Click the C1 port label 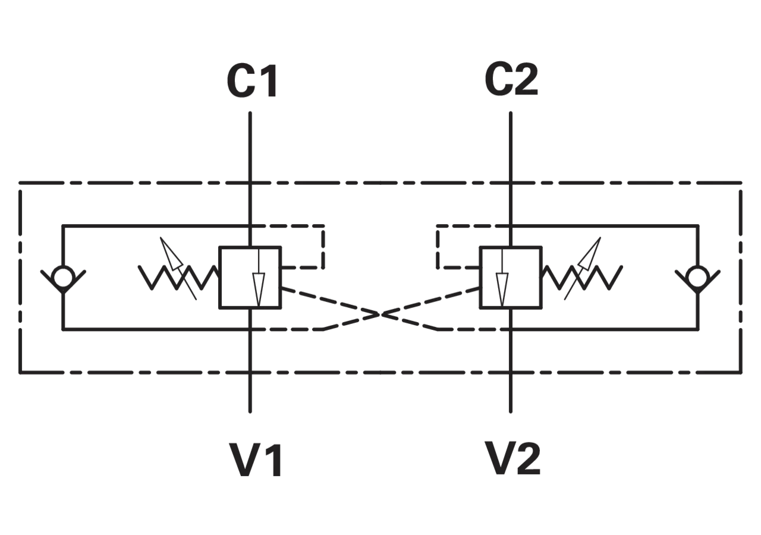click(x=252, y=81)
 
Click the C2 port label click(x=511, y=80)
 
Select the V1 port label click(x=256, y=460)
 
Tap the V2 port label click(x=514, y=458)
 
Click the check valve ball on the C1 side click(x=64, y=277)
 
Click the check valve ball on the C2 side click(x=697, y=277)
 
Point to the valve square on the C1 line click(x=250, y=278)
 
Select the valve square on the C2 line click(x=511, y=278)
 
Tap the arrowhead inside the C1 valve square click(x=259, y=289)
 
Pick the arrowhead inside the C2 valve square click(x=502, y=289)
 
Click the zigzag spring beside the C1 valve click(x=178, y=278)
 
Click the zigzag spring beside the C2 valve click(x=582, y=278)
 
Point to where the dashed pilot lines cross click(x=380, y=314)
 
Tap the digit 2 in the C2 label click(x=526, y=80)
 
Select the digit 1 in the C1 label click(x=269, y=81)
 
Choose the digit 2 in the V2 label click(x=528, y=458)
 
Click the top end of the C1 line click(x=250, y=113)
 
